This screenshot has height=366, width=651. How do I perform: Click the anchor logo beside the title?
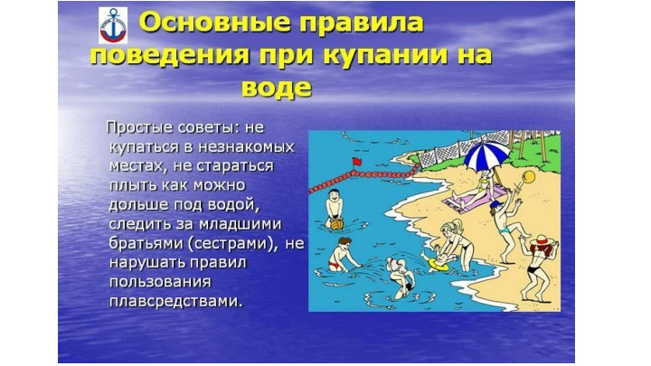113,25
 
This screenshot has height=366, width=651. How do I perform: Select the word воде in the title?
277,87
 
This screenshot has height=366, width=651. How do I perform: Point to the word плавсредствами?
175,301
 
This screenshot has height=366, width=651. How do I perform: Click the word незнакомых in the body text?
246,147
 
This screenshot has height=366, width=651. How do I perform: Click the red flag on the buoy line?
356,162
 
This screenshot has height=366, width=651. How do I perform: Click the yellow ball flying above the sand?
529,177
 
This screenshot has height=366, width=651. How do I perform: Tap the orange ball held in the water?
337,224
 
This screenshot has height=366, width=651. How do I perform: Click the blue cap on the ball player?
495,204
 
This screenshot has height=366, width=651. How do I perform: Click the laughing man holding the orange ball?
335,209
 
